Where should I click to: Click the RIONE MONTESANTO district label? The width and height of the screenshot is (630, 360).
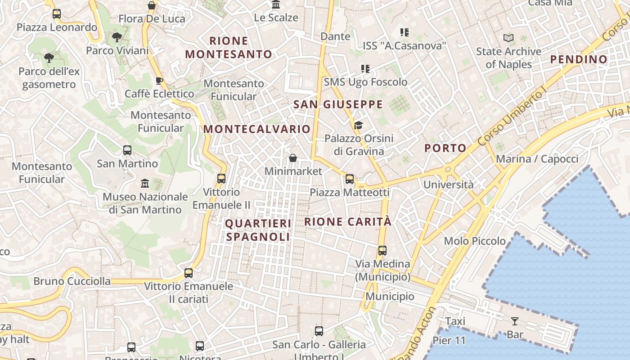(229, 48)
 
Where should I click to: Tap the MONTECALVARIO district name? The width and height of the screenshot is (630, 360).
(257, 129)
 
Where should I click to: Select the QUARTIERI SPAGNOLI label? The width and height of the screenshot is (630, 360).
(258, 230)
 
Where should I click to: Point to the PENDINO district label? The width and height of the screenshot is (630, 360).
(579, 59)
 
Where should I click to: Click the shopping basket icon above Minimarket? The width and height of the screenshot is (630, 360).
(293, 158)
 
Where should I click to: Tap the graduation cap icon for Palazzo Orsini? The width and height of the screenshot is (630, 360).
(358, 125)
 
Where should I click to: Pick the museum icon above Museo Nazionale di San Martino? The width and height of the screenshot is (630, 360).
(145, 184)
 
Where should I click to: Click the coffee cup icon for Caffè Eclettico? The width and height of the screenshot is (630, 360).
(159, 81)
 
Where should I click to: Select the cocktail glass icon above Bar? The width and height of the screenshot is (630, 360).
(515, 321)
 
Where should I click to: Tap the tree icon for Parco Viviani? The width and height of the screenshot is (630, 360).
(117, 37)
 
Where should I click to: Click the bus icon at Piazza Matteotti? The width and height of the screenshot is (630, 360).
(350, 179)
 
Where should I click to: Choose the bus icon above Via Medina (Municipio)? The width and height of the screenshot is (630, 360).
(382, 251)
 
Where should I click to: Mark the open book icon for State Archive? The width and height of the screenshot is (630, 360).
(508, 38)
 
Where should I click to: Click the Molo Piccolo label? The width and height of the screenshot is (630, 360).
(475, 241)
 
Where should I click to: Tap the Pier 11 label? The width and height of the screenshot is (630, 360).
(449, 341)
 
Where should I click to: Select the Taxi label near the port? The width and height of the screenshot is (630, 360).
(455, 321)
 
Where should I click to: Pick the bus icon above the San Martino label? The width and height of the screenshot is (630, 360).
(127, 150)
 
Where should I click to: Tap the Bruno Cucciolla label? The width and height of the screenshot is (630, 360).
(72, 282)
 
